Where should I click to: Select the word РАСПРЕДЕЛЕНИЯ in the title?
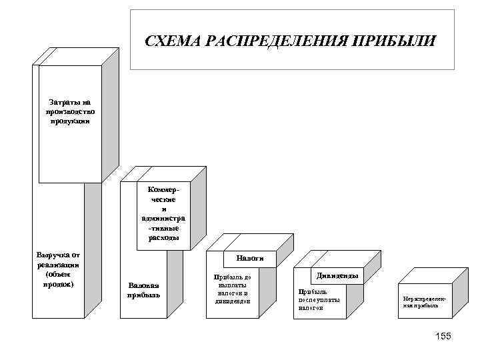(278, 42)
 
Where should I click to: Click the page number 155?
(443, 336)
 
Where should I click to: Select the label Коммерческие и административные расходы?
(164, 213)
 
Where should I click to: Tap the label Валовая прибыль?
(143, 291)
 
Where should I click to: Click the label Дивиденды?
(337, 275)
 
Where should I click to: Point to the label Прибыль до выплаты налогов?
(232, 288)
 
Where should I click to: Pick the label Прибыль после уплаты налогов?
(319, 299)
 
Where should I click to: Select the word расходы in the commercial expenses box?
(164, 238)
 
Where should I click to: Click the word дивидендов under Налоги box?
(233, 301)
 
